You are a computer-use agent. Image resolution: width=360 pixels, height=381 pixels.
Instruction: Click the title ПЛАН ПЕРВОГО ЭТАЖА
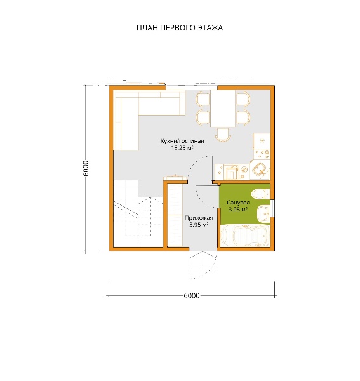[180, 28]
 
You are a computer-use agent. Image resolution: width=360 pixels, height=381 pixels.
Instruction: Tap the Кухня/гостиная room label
[182, 141]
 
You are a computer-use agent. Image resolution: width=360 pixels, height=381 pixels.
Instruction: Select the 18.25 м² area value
[182, 148]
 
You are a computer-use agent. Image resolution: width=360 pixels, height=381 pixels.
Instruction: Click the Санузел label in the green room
[238, 203]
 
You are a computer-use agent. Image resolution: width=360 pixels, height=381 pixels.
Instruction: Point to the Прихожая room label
[199, 218]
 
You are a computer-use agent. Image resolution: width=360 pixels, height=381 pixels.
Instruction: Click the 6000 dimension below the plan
[191, 295]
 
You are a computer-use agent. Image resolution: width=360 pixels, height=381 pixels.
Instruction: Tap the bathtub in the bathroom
[245, 236]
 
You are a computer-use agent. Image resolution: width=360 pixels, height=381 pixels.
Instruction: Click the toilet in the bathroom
[261, 194]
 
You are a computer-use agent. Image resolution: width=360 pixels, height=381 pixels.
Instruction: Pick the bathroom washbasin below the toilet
[263, 213]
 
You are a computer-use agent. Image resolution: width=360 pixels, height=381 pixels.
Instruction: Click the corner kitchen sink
[260, 170]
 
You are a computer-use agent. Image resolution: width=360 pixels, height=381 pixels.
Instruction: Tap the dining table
[223, 109]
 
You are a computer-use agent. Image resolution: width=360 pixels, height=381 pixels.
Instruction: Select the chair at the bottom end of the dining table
[223, 135]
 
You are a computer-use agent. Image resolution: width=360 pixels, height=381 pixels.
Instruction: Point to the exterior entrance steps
[203, 265]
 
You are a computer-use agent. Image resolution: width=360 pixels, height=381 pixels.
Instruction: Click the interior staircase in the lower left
[138, 213]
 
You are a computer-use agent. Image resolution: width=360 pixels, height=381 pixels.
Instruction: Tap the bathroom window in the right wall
[272, 208]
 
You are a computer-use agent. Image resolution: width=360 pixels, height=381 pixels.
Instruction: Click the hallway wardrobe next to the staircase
[175, 215]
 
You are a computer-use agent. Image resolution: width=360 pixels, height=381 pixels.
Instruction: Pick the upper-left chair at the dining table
[203, 99]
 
